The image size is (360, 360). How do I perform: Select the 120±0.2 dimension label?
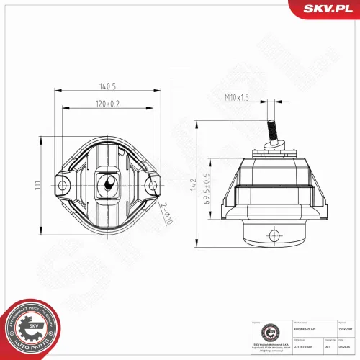pyautogui.click(x=109, y=104)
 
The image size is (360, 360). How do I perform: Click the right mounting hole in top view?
pyautogui.click(x=152, y=186)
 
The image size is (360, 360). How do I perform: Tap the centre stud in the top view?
pyautogui.click(x=108, y=185)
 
